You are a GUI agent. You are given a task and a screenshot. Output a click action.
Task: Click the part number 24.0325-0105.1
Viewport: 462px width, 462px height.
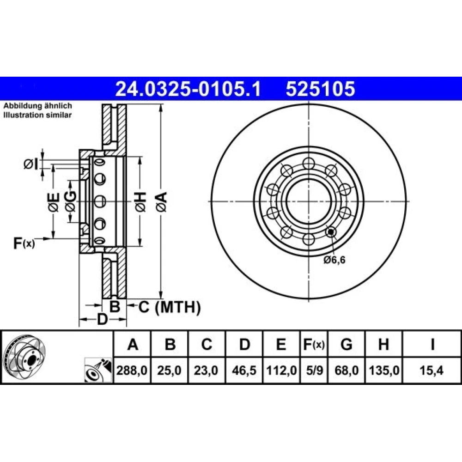(x=188, y=89)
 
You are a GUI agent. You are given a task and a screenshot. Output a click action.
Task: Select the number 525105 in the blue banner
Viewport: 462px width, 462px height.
(x=320, y=89)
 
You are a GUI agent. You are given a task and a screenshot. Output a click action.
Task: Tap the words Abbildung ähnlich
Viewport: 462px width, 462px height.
(x=37, y=106)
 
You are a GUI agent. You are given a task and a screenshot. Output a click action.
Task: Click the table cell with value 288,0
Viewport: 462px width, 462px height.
(x=132, y=371)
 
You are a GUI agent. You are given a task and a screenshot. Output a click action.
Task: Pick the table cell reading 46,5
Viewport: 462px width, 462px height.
(x=244, y=371)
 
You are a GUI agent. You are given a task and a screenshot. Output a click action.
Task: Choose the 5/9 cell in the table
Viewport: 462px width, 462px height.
(x=314, y=371)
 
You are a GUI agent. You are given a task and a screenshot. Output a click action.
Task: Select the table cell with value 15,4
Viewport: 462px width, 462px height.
(x=432, y=371)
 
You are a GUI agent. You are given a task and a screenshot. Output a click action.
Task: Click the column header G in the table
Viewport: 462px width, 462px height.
(x=346, y=344)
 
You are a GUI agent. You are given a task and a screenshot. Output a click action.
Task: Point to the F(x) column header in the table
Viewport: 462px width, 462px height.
(x=314, y=344)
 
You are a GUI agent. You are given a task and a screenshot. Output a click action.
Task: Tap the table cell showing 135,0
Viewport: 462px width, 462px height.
(x=383, y=371)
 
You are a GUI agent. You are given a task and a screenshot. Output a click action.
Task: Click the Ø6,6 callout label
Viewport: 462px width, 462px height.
(x=334, y=260)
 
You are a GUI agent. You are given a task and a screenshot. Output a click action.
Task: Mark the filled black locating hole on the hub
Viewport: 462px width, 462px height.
(x=331, y=232)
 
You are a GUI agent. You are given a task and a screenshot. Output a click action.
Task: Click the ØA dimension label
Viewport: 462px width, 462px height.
(x=162, y=201)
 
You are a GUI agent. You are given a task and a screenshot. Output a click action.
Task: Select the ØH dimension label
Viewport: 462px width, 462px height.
(x=140, y=201)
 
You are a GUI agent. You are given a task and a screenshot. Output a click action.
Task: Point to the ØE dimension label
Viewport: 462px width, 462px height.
(x=54, y=202)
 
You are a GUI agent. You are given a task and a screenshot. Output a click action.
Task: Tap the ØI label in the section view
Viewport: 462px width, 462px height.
(x=31, y=164)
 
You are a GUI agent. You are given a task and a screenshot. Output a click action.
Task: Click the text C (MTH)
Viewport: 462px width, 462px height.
(x=170, y=307)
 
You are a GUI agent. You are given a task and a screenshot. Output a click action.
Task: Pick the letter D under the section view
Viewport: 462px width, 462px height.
(x=102, y=319)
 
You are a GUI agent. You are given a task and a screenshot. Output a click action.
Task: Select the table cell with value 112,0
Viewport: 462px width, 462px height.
(x=281, y=371)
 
